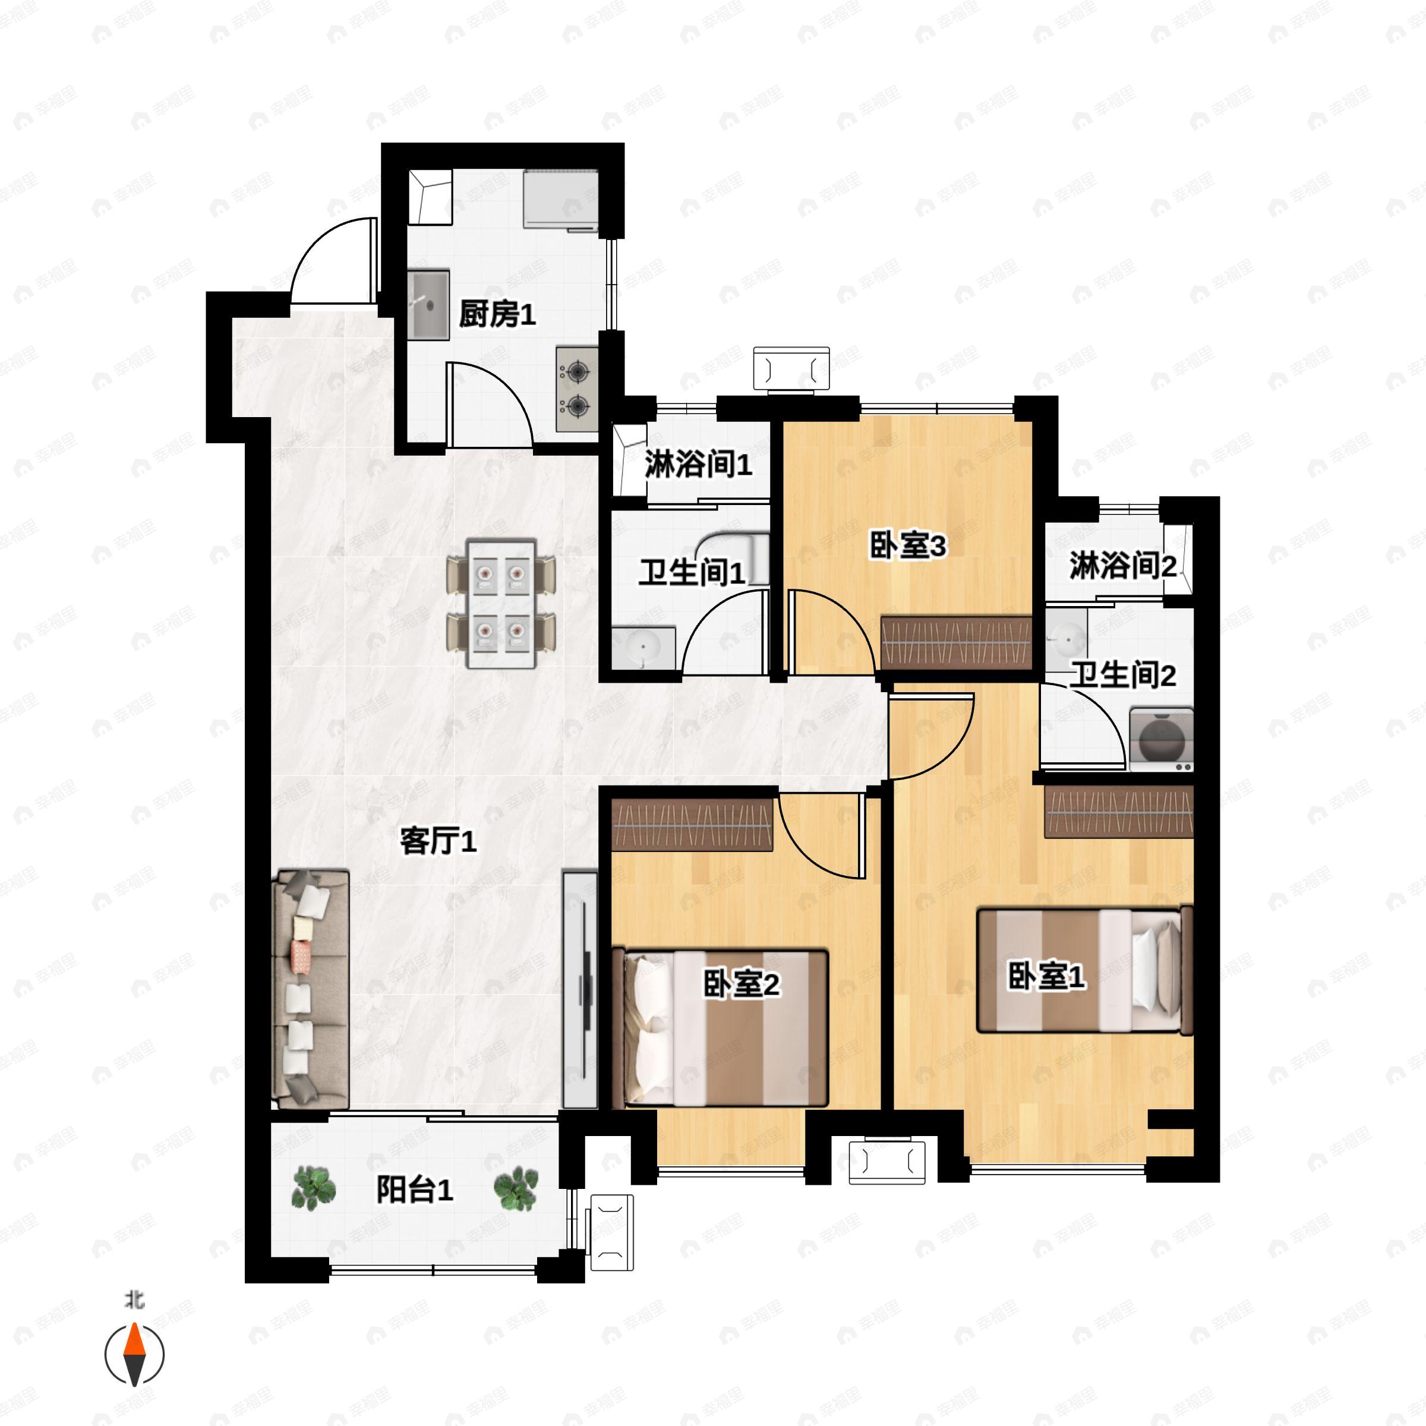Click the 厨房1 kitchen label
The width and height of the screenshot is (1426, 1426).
tap(497, 315)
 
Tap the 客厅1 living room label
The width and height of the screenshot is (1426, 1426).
tap(438, 841)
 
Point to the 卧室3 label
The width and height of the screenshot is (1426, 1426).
tap(907, 547)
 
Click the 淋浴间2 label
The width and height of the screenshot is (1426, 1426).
tap(1122, 566)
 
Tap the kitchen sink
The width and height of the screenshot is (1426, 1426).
tap(429, 305)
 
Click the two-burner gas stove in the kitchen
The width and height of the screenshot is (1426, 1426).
tap(576, 389)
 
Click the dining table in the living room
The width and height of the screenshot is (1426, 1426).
tap(501, 604)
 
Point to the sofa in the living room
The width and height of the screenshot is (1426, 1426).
tap(310, 989)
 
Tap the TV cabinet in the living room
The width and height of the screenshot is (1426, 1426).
tap(580, 990)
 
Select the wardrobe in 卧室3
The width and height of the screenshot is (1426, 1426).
tap(956, 642)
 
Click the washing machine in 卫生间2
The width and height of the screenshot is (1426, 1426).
tap(1162, 740)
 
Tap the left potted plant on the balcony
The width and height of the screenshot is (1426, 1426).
tap(314, 1188)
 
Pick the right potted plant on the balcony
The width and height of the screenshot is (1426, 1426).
tap(516, 1188)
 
